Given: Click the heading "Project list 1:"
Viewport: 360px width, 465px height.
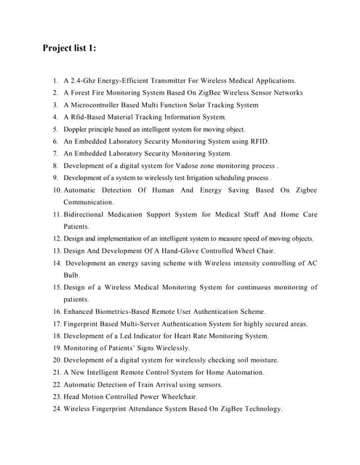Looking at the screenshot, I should click(69, 49).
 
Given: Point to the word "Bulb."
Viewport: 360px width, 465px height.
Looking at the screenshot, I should click(71, 275).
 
